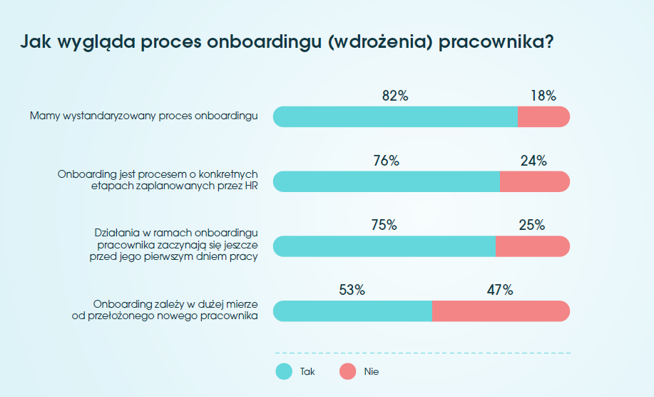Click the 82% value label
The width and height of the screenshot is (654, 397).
pos(395,96)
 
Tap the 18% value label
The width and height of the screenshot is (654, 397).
pos(543,96)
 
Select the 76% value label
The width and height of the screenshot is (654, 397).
pos(386,161)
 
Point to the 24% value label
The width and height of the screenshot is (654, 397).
pos(533,161)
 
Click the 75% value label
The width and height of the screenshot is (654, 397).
pos(384,226)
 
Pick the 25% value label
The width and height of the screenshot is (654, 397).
pos(532,226)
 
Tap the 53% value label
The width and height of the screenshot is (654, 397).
pos(352,290)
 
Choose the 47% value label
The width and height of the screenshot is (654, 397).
pos(500,290)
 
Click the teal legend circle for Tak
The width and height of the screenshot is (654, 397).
pos(284,371)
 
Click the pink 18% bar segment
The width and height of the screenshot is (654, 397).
pos(543,117)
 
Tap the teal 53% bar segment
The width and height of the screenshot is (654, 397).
pos(352,311)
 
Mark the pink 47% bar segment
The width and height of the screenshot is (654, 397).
pos(501,311)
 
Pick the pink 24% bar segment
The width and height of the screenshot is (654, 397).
pos(535,182)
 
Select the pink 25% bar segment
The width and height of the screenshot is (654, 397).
pos(533,246)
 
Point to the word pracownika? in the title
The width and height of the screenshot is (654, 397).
pos(496,41)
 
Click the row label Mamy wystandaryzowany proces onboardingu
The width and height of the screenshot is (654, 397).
pos(144,114)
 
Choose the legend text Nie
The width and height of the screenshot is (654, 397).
pos(371,372)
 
